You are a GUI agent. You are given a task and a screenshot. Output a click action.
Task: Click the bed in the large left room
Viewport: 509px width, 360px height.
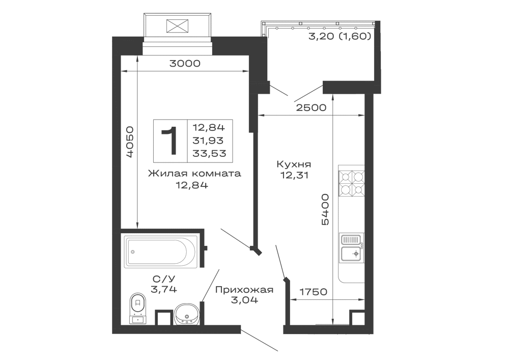(x=193, y=140)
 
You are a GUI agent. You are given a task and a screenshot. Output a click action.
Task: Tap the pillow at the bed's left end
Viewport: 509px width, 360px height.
(x=170, y=141)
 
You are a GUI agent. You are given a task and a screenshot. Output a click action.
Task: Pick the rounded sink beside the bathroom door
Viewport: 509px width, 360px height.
(x=186, y=311)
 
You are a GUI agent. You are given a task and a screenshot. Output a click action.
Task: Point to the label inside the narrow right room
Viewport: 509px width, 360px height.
(x=295, y=169)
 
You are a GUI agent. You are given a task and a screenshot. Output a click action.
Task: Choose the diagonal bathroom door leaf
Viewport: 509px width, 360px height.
(x=210, y=289)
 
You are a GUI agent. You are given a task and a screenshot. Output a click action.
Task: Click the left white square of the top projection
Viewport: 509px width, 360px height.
(x=154, y=24)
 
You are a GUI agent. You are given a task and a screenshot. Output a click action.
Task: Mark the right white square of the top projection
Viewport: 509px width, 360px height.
(x=200, y=24)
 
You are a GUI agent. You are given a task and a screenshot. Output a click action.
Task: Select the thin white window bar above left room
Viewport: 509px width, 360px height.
(x=179, y=51)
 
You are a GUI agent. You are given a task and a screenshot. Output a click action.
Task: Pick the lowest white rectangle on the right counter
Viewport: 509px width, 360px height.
(x=351, y=273)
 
